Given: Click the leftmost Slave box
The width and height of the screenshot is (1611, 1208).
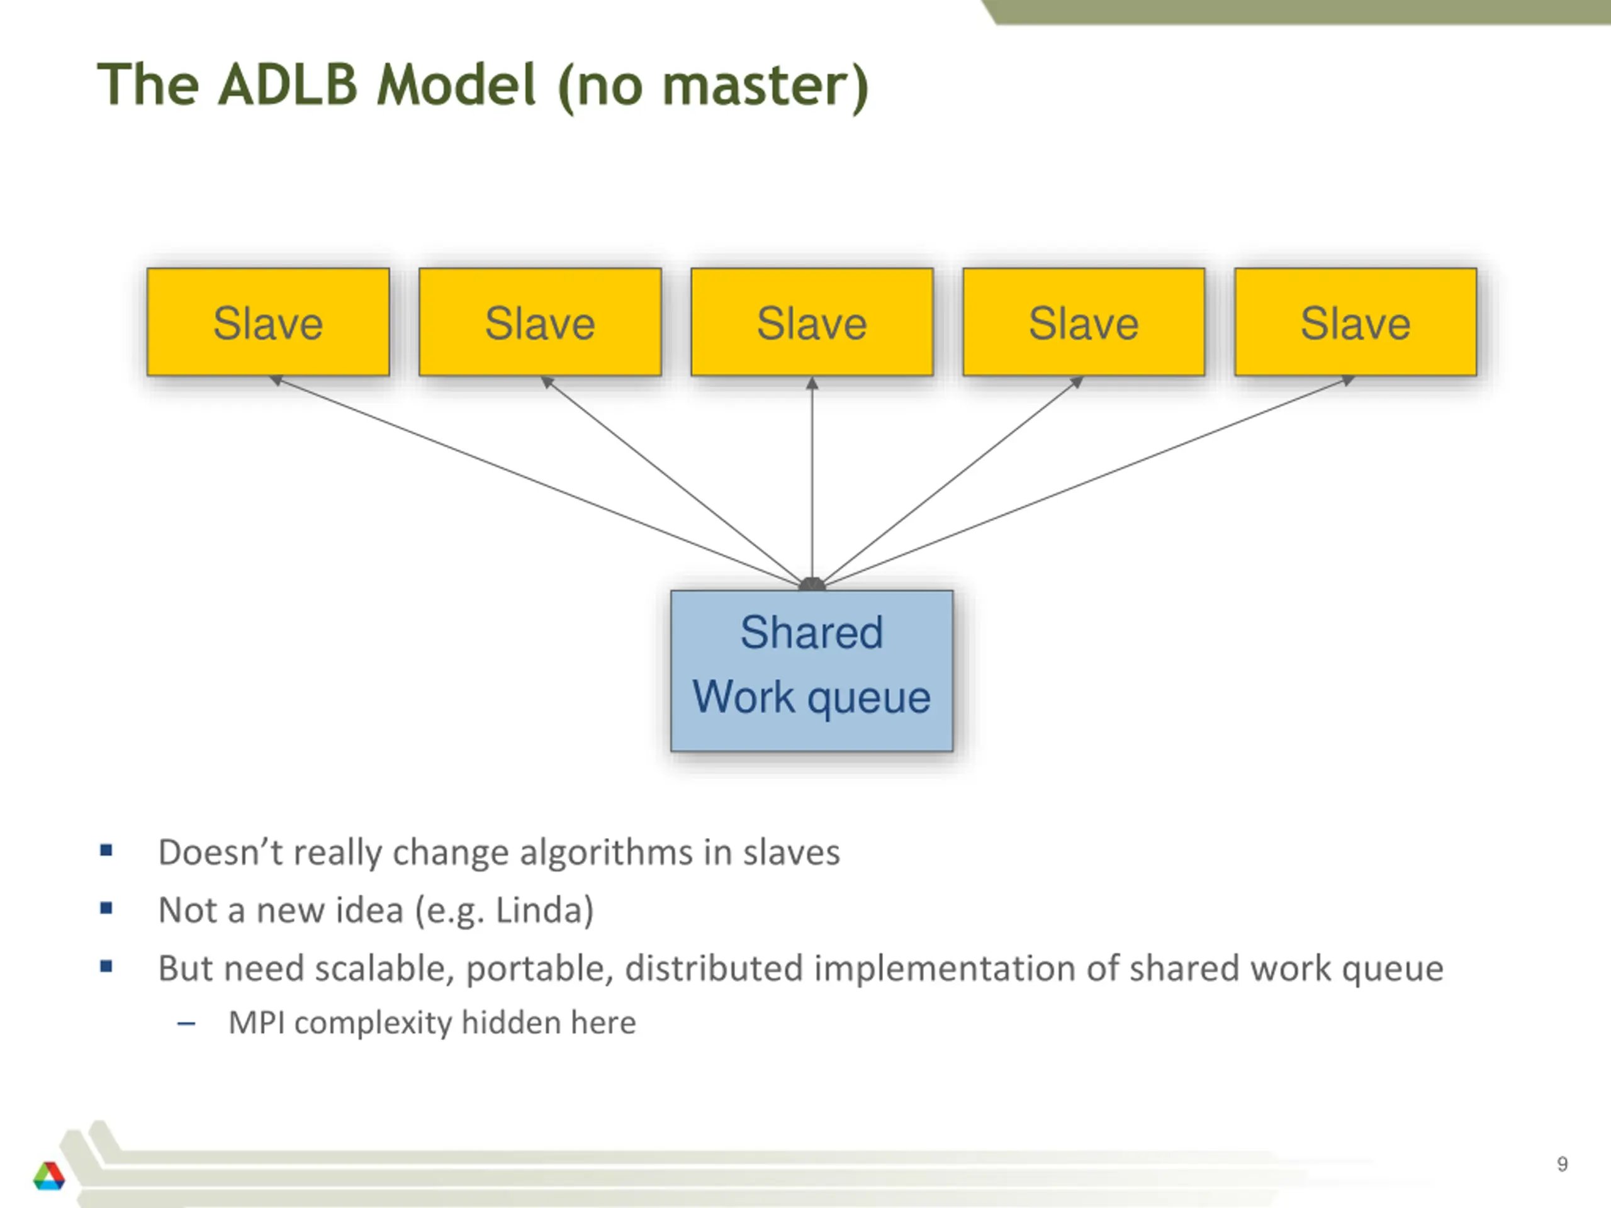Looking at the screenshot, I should click(268, 322).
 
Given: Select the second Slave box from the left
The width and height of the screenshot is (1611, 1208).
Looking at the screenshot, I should click(540, 322).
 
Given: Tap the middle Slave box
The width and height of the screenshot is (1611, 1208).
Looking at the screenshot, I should click(811, 322).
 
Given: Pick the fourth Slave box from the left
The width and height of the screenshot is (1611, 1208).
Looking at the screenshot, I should click(1083, 322).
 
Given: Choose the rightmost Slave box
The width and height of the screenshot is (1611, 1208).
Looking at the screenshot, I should click(1356, 322).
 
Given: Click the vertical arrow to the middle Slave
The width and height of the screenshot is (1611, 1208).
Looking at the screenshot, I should click(812, 481).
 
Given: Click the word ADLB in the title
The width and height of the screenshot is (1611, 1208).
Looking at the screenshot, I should click(288, 85).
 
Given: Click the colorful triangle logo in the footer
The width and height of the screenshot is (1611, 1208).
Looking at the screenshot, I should click(49, 1175).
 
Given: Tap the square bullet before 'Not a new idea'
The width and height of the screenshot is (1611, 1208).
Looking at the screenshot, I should click(106, 908).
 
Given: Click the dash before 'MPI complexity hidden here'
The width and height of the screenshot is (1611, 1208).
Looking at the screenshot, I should click(186, 1024).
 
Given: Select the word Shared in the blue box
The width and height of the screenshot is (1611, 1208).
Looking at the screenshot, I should click(811, 632).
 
